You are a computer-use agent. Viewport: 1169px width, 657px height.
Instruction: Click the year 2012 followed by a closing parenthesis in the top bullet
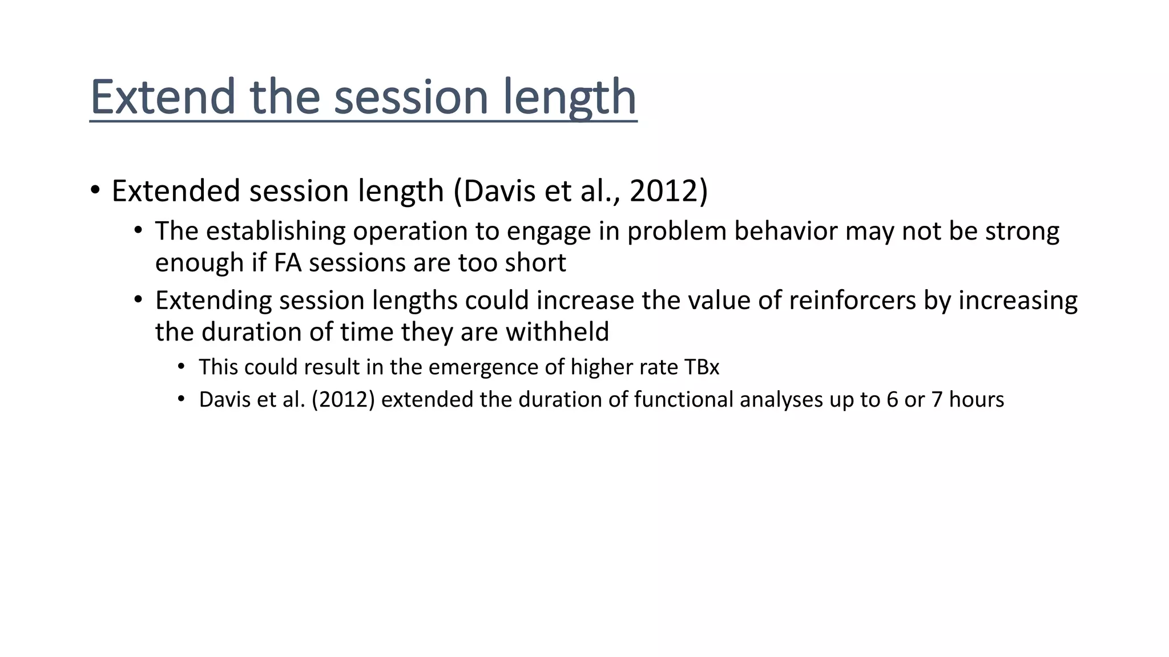(x=668, y=190)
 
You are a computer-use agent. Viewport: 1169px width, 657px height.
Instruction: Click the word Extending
(x=213, y=301)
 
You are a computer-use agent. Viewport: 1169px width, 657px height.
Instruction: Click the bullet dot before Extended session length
(x=95, y=190)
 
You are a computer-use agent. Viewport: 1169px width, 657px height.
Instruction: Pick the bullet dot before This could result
(x=182, y=366)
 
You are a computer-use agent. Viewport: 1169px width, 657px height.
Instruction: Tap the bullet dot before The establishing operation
(x=138, y=230)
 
